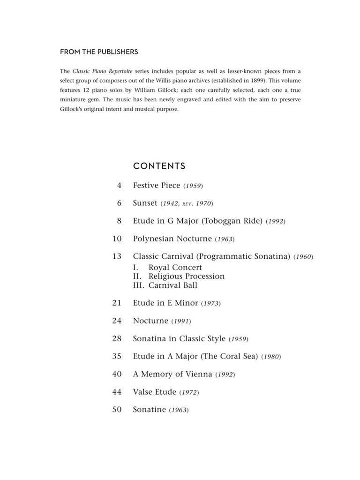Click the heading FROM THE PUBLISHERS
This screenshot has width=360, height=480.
99,52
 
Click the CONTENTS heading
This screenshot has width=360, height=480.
159,166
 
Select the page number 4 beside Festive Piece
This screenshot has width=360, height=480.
119,185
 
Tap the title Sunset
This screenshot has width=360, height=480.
145,203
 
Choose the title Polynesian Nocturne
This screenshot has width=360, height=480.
172,239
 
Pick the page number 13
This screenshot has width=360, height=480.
117,256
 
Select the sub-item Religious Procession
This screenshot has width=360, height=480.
186,276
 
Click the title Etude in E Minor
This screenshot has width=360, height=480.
165,303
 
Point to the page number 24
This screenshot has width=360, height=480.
117,321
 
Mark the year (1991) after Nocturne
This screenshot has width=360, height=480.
181,321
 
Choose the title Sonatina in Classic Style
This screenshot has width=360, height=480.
180,338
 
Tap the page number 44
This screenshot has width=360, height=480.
117,392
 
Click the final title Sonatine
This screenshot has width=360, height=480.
149,410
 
